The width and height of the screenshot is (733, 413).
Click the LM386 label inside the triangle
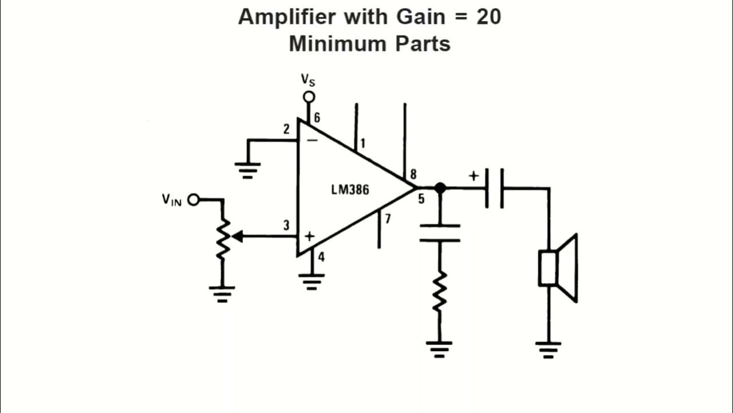pos(350,190)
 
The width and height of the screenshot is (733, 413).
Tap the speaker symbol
pos(558,268)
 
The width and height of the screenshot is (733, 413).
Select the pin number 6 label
pos(317,118)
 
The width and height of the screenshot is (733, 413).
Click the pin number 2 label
pos(286,129)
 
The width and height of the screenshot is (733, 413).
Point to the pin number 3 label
pos(286,225)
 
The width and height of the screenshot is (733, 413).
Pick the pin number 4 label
pos(321,257)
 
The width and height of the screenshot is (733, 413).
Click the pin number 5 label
pos(421,200)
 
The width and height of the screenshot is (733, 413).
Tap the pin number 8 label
pos(413,174)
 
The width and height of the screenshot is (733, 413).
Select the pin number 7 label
pos(388,219)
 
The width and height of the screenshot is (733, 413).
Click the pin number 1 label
pos(362,143)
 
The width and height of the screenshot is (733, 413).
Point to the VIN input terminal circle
pos(194,200)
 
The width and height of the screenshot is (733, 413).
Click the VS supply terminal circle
pos(309,97)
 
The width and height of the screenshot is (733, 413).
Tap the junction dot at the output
pos(440,188)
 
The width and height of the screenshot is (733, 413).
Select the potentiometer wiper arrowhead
pos(237,236)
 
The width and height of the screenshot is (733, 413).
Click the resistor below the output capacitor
pos(440,292)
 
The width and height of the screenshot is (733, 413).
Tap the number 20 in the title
pos(488,17)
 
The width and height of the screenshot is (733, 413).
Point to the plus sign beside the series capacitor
pos(474,176)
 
